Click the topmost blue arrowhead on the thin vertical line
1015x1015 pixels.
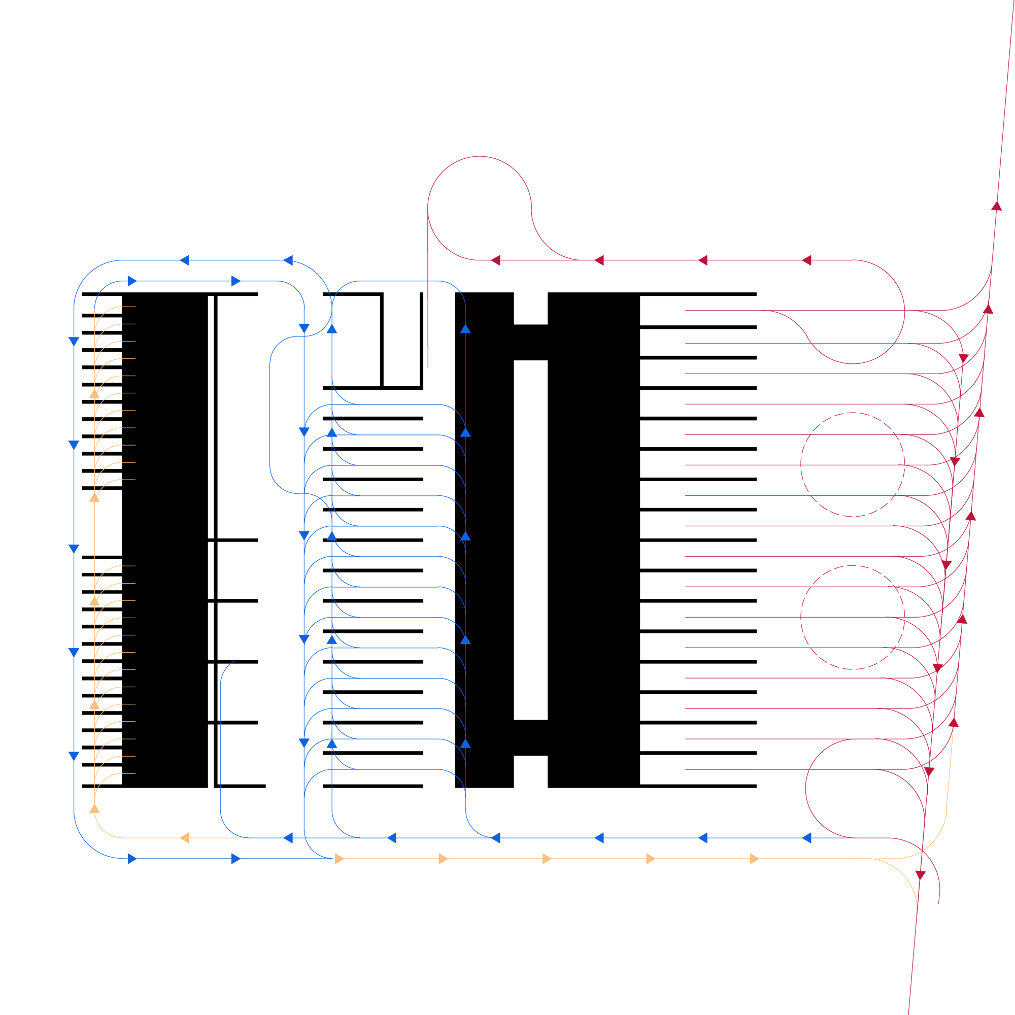(465, 329)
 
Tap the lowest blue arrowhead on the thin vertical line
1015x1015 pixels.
(465, 744)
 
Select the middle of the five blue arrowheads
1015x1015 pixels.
(465, 536)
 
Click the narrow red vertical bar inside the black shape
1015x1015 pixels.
(433, 336)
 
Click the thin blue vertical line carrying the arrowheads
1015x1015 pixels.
(465, 578)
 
